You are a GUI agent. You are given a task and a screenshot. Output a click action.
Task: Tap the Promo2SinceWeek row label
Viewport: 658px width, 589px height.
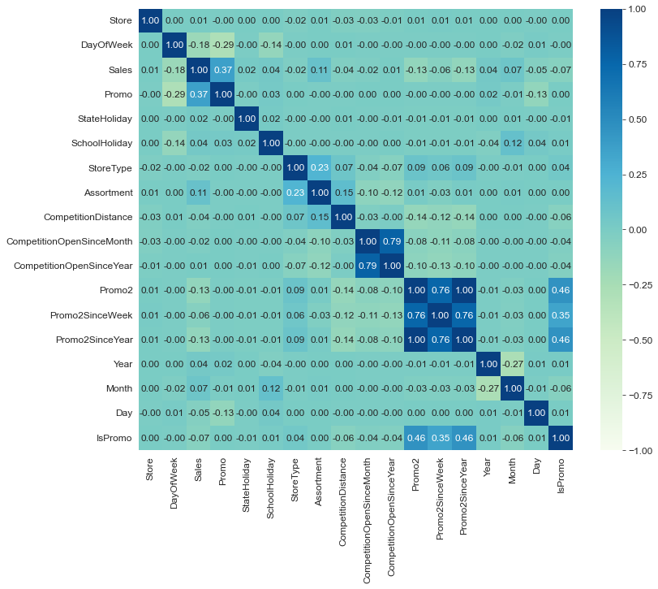pyautogui.click(x=89, y=316)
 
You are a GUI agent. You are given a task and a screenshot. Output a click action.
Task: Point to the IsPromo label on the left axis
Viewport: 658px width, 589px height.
pyautogui.click(x=116, y=440)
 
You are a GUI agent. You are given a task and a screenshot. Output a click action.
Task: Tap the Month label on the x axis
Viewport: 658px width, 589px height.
pyautogui.click(x=513, y=475)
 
